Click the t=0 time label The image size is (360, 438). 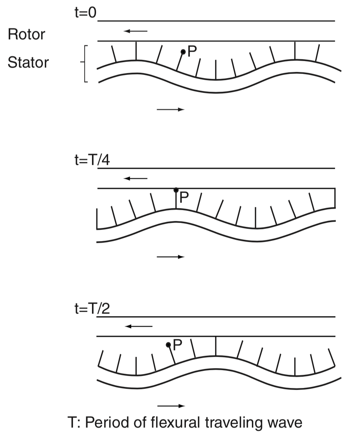tap(85, 12)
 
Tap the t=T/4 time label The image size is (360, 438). tap(92, 160)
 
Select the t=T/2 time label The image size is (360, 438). tap(92, 309)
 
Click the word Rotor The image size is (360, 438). tap(26, 34)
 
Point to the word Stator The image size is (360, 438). tap(28, 62)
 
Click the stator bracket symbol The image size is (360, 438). tap(84, 64)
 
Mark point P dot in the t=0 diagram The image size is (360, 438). tap(183, 52)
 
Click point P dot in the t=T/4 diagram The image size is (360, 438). tap(176, 190)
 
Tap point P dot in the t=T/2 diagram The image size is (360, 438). tap(168, 345)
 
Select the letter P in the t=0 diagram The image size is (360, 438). tap(192, 51)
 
